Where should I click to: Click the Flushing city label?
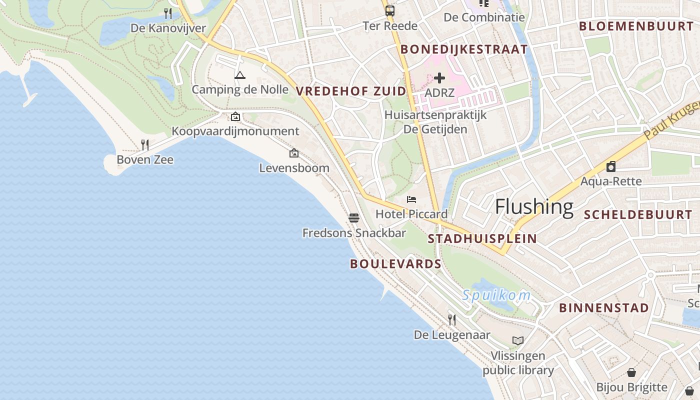(534, 206)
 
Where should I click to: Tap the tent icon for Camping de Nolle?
(240, 75)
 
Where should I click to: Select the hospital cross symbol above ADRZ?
(439, 78)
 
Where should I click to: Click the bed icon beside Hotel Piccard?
(411, 199)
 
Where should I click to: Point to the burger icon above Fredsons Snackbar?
(354, 218)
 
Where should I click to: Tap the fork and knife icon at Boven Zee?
(145, 145)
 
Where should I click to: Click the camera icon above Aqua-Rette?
(610, 166)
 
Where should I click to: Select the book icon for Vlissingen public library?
(518, 341)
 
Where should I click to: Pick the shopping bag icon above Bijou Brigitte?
(631, 372)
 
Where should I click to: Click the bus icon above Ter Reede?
(389, 10)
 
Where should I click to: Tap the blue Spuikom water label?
(496, 295)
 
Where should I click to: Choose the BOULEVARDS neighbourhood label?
(395, 264)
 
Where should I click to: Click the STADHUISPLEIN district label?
(482, 238)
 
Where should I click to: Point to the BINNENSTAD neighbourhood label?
(604, 307)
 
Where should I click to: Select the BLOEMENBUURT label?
(636, 26)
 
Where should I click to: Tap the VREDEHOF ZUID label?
(351, 91)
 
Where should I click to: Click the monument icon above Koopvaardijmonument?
(235, 117)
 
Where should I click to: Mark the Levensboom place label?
(294, 168)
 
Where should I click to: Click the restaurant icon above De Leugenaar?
(452, 319)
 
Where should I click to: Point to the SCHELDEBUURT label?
(638, 215)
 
